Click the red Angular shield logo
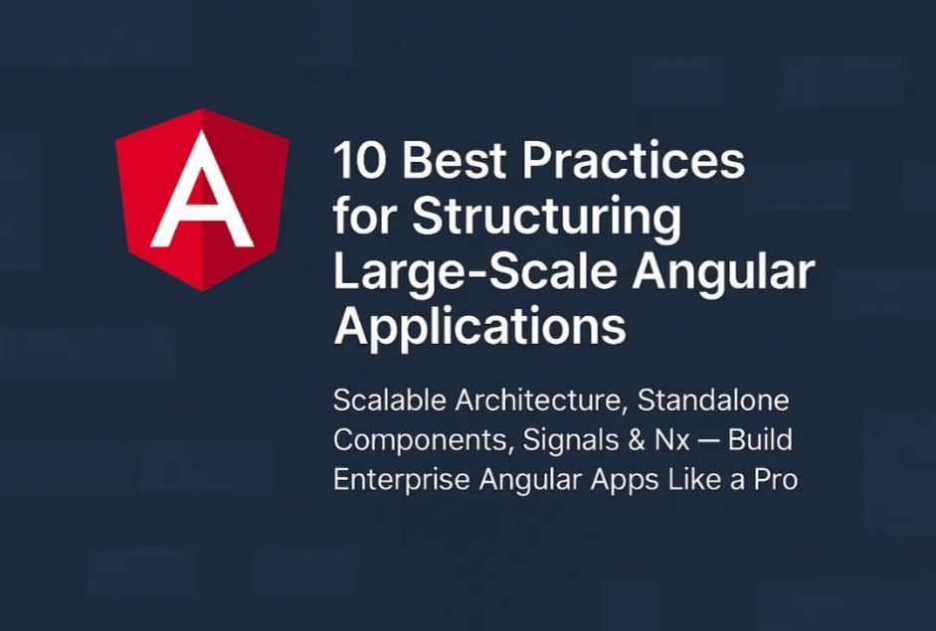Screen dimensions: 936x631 pos(202,200)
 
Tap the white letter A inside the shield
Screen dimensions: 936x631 pos(202,189)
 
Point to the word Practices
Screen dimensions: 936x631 pos(635,160)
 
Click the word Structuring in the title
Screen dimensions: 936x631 pos(547,217)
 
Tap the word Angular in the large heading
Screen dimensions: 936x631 pos(724,272)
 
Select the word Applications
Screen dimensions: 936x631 pos(480,327)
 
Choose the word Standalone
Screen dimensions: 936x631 pos(713,400)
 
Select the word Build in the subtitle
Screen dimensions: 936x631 pos(761,440)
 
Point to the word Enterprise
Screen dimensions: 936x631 pos(402,481)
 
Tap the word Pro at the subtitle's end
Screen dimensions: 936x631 pos(776,480)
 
